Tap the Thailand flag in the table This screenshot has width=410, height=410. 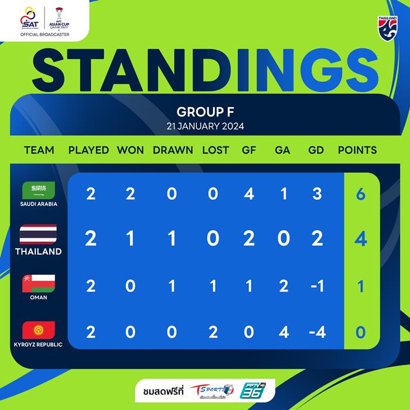point(38,234)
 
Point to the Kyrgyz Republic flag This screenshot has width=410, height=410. point(38,329)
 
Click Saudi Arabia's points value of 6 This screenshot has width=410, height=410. point(361,194)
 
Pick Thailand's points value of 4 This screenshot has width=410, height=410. point(361,240)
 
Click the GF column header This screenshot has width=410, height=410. point(249,150)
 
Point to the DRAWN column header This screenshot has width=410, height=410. point(173,150)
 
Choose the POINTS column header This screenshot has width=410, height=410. point(357,150)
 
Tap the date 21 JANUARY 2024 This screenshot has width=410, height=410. point(205,126)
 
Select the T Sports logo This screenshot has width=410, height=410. point(214,389)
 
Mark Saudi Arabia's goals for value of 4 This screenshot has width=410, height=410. point(249,194)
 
